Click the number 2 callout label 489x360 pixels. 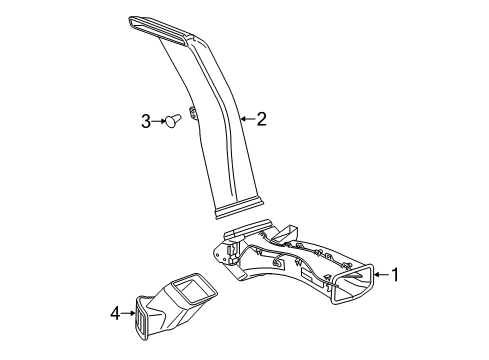coord(261,120)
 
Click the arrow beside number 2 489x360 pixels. coord(247,120)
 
